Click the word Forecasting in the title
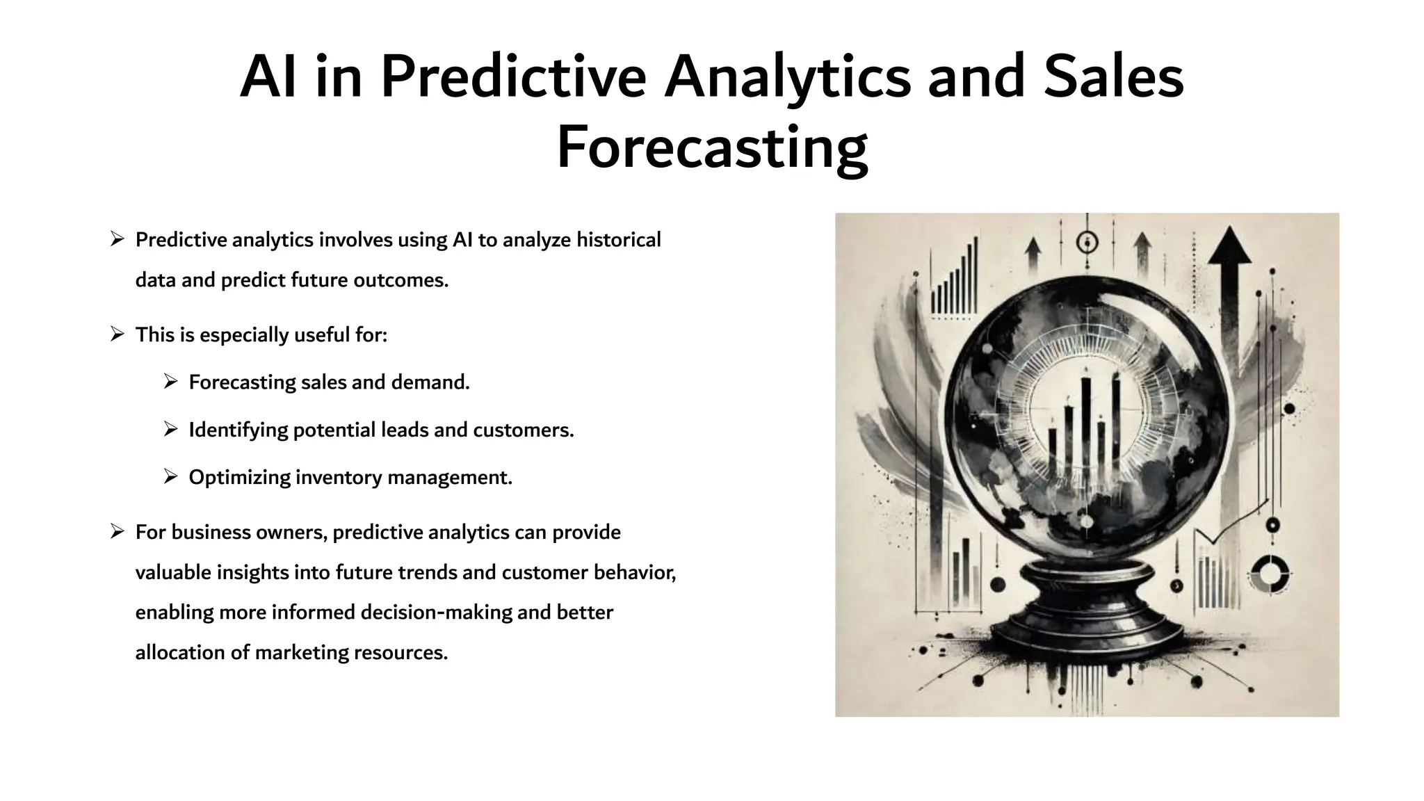click(x=712, y=148)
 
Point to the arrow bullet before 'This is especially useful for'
click(x=117, y=334)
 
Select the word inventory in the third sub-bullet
click(x=339, y=478)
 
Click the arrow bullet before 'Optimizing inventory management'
click(x=171, y=477)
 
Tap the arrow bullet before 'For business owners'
click(x=117, y=532)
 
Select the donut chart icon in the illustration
click(x=1270, y=574)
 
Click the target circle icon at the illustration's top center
click(x=1087, y=243)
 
